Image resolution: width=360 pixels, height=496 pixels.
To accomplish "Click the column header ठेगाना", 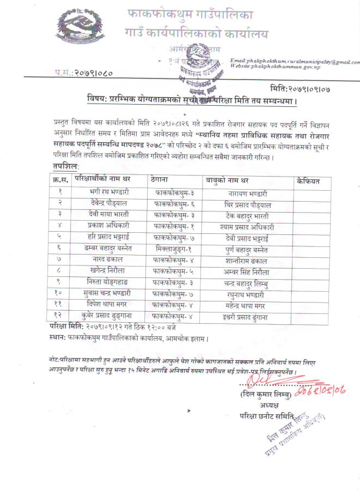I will click(x=164, y=179).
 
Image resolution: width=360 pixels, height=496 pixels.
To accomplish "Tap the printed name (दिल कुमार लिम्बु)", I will click(x=260, y=394).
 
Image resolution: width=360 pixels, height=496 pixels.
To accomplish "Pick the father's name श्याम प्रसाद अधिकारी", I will click(x=248, y=226).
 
